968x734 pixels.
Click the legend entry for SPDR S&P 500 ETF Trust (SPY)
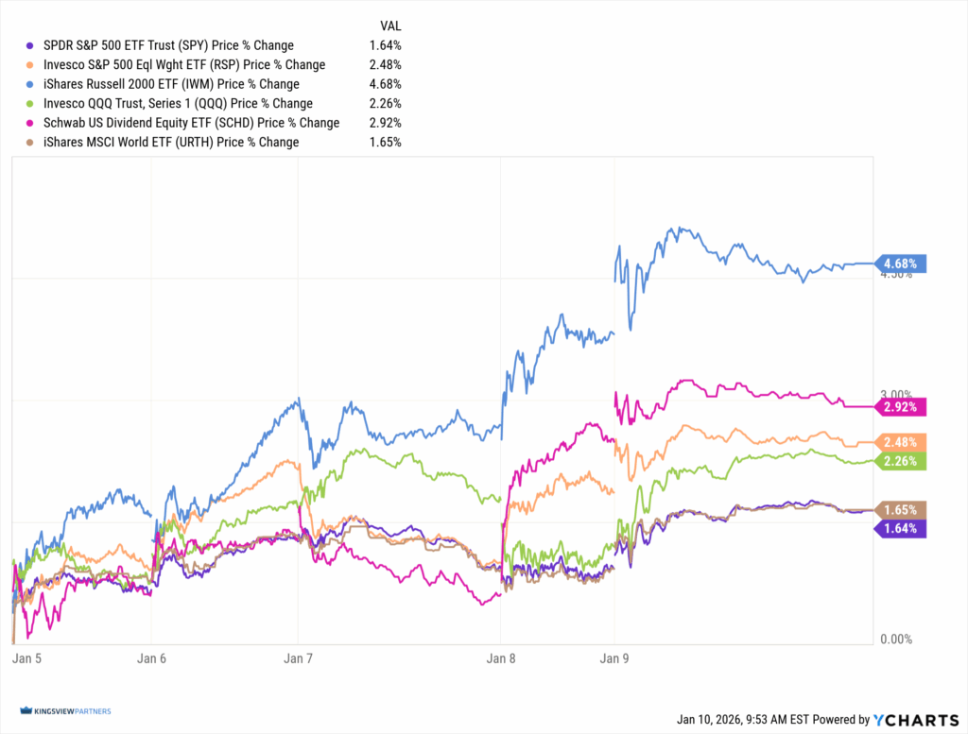(x=168, y=45)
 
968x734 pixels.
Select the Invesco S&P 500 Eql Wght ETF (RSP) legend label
(x=184, y=64)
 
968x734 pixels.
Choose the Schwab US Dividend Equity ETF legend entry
(x=191, y=123)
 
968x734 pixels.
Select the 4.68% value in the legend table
(x=386, y=84)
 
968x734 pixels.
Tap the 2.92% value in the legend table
(x=386, y=123)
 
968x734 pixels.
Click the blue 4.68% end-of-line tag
(x=903, y=264)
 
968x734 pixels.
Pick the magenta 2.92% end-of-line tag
(x=903, y=407)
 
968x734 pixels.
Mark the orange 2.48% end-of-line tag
(x=903, y=442)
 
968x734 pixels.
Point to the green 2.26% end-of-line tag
(x=903, y=461)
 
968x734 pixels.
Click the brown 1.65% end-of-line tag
(x=903, y=510)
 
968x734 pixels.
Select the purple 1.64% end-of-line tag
(x=903, y=528)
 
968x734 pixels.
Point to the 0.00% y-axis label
(x=895, y=640)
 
